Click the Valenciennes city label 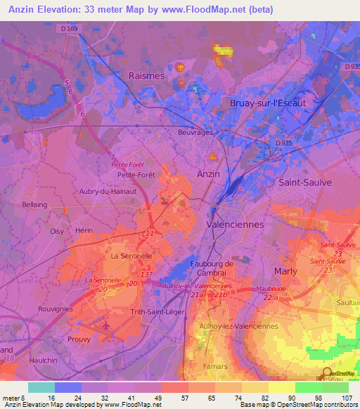(x=235, y=224)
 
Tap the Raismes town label (x=146, y=76)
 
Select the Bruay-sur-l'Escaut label (x=268, y=103)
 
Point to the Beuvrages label (x=195, y=131)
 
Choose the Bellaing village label (x=34, y=204)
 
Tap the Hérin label (x=84, y=231)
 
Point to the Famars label (x=216, y=366)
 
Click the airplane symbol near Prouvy (x=105, y=326)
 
